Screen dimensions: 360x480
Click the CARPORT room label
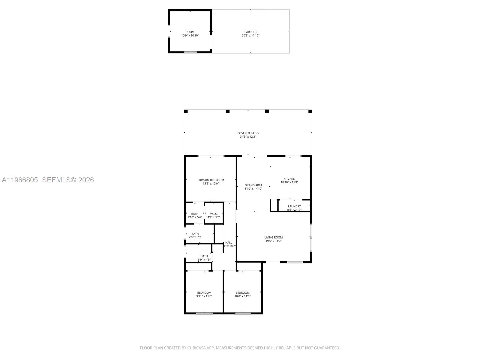pyautogui.click(x=250, y=32)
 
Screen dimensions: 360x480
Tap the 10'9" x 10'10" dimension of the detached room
pyautogui.click(x=190, y=35)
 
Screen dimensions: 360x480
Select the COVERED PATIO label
pyautogui.click(x=248, y=133)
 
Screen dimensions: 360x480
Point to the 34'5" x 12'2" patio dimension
pyautogui.click(x=248, y=137)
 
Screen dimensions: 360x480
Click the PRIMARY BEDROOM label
pyautogui.click(x=211, y=180)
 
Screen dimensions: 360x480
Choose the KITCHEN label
pyautogui.click(x=289, y=179)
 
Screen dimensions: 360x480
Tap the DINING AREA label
pyautogui.click(x=253, y=185)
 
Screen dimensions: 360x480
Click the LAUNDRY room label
pyautogui.click(x=294, y=206)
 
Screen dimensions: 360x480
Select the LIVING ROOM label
pyautogui.click(x=273, y=237)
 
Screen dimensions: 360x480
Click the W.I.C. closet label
pyautogui.click(x=214, y=214)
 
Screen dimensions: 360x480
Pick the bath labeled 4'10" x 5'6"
pyautogui.click(x=195, y=214)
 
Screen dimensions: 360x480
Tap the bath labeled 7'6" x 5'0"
pyautogui.click(x=195, y=234)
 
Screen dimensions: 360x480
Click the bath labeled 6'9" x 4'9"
pyautogui.click(x=204, y=256)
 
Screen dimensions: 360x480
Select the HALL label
pyautogui.click(x=229, y=242)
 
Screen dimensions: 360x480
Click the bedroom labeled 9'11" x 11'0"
pyautogui.click(x=204, y=293)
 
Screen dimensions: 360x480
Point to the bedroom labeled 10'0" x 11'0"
pyautogui.click(x=242, y=293)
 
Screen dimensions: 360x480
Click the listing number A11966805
pyautogui.click(x=20, y=180)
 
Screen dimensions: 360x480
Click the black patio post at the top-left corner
pyautogui.click(x=186, y=111)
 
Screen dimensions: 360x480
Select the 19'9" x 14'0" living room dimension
pyautogui.click(x=273, y=241)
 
